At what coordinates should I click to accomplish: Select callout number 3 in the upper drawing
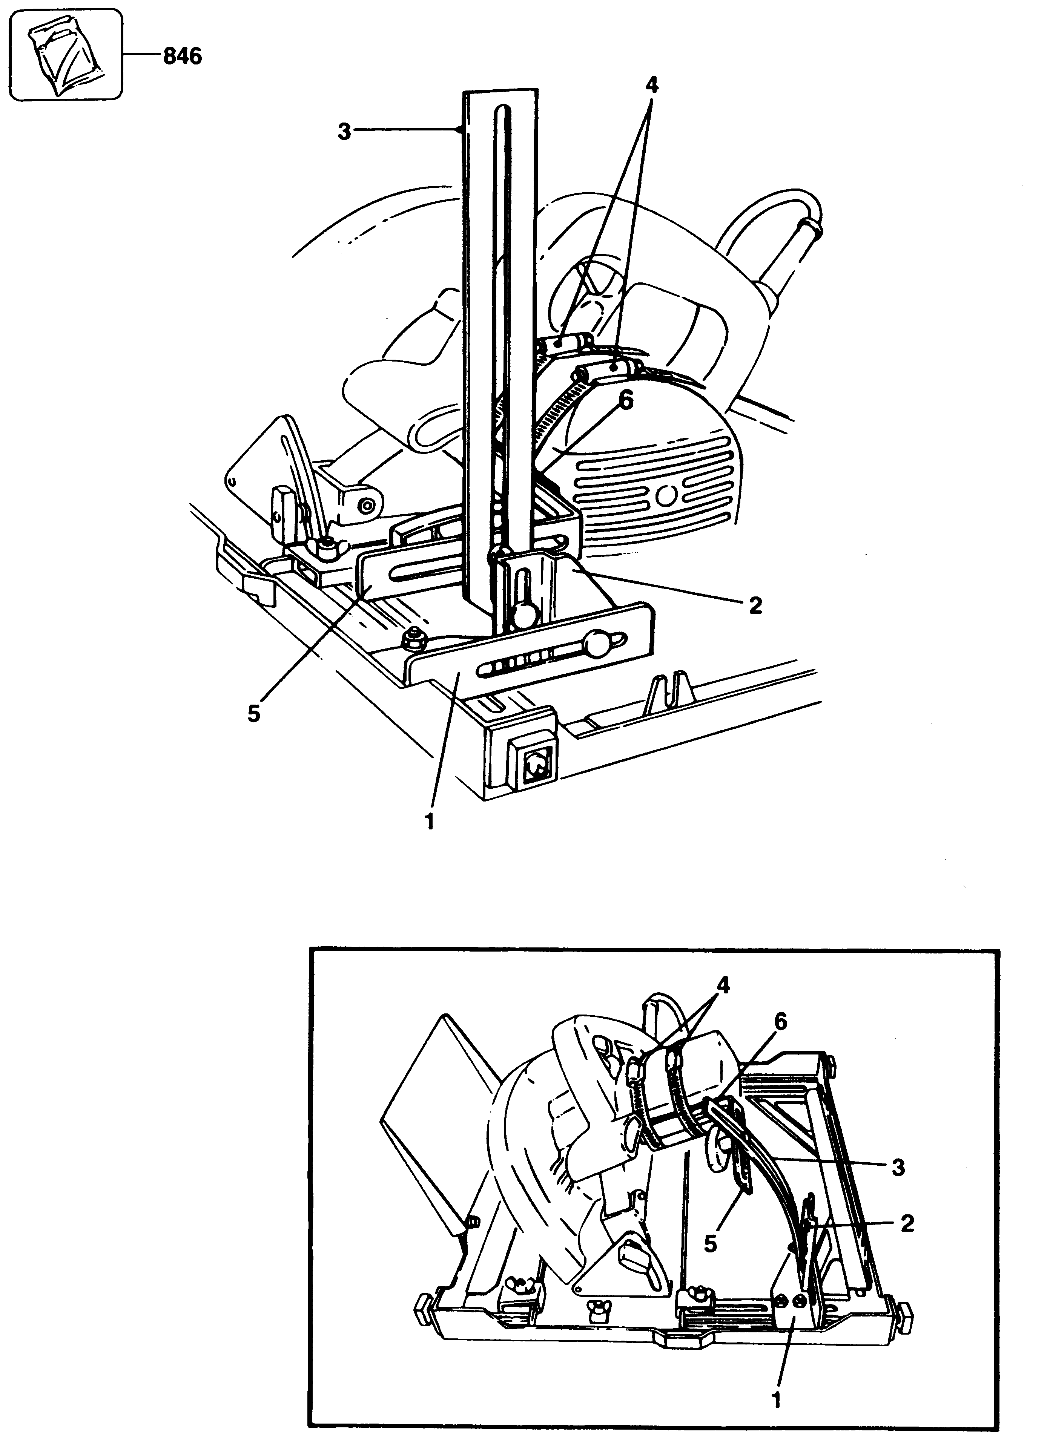coord(345,133)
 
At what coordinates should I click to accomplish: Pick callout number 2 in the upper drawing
coord(755,605)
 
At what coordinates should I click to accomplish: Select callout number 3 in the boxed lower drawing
coord(898,1168)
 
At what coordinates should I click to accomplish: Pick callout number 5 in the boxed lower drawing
coord(710,1243)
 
